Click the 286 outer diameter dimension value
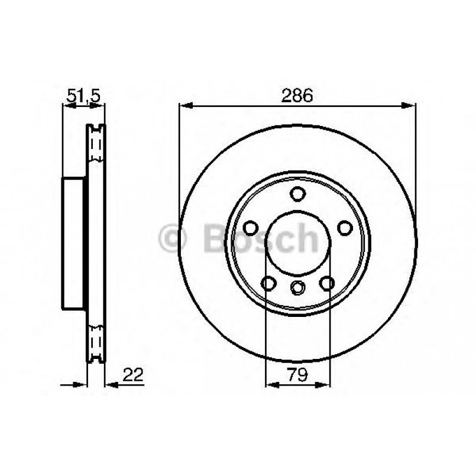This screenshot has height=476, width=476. point(297,96)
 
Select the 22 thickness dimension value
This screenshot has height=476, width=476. point(133,374)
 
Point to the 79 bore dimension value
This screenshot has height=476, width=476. point(297,375)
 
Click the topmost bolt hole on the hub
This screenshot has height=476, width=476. point(297,193)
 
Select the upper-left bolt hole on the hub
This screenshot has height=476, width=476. point(251,228)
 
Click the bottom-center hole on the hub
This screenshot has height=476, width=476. point(297,287)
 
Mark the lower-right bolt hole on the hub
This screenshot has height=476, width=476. point(326,283)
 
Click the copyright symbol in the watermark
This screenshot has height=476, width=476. point(173,238)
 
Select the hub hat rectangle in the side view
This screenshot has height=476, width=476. point(74,242)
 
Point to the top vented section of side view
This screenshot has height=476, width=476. point(96,145)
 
